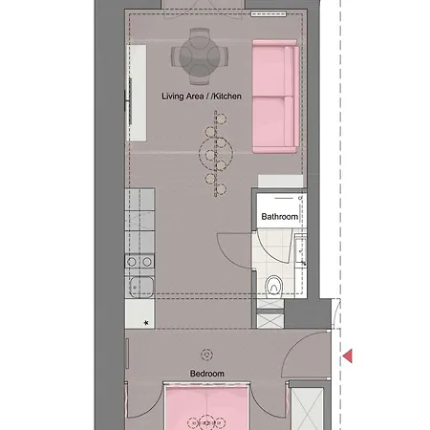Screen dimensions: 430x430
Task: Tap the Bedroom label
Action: pos(206,373)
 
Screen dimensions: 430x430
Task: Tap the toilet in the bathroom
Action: pos(273,283)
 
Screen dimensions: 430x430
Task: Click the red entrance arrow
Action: pos(349,356)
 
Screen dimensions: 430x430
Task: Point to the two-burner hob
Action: pos(140,261)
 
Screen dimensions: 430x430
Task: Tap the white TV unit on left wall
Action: pos(137,96)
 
